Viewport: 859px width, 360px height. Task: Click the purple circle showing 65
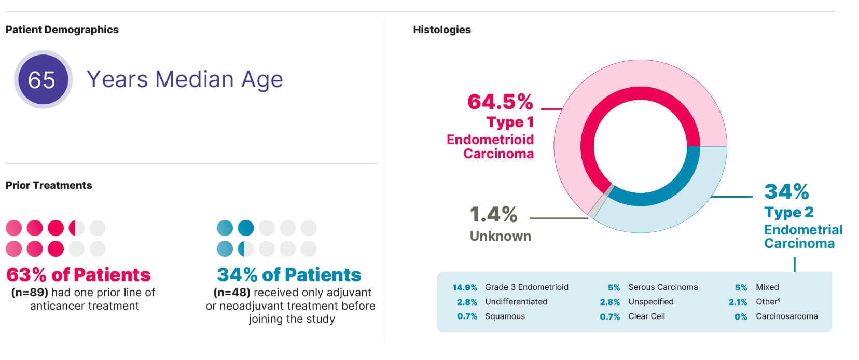click(x=43, y=80)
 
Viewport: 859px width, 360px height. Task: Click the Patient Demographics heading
click(x=62, y=30)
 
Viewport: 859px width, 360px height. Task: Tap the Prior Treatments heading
click(x=49, y=185)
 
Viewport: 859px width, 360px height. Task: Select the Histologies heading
click(x=441, y=30)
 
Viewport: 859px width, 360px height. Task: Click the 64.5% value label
click(x=500, y=102)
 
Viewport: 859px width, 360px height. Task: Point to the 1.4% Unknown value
click(x=493, y=214)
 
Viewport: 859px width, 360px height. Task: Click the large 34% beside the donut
click(x=786, y=191)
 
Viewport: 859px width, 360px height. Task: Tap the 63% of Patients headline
click(x=78, y=274)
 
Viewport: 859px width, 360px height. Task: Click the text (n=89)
click(x=30, y=293)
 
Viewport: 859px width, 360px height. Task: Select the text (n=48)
click(x=232, y=293)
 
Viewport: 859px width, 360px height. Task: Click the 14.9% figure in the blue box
click(x=464, y=287)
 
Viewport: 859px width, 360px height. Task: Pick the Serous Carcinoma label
click(x=662, y=287)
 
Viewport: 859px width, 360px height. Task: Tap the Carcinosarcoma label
click(x=786, y=316)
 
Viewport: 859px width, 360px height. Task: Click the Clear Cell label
click(x=646, y=316)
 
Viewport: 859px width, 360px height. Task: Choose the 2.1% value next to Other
click(x=738, y=302)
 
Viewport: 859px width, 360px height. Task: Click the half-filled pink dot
click(x=76, y=228)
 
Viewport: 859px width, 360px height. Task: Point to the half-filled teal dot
click(x=245, y=249)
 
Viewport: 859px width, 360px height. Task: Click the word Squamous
click(x=505, y=316)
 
